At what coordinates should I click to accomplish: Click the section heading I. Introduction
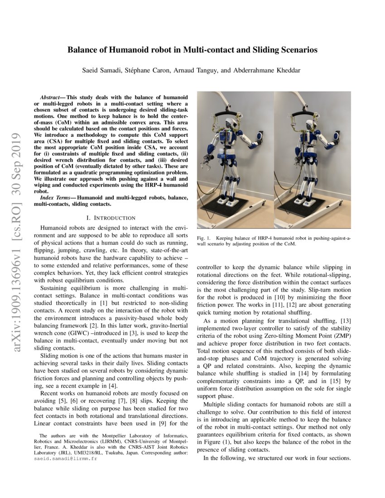click(x=111, y=218)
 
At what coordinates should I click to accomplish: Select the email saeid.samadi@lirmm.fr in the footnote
click(x=65, y=459)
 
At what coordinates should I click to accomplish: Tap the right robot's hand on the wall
click(x=337, y=135)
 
